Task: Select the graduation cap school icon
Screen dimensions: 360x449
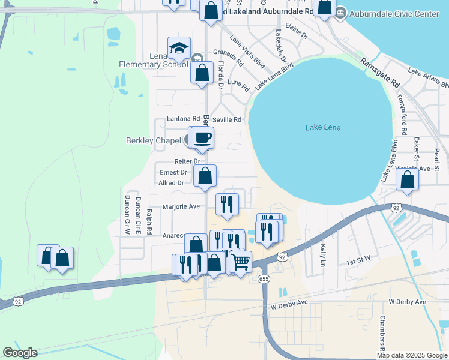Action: [x=179, y=48]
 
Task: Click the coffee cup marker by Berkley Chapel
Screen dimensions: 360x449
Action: [x=202, y=138]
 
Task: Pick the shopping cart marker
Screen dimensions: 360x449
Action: [x=240, y=261]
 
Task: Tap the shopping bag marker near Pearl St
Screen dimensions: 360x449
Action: [x=407, y=179]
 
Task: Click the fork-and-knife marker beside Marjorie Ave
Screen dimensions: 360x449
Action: [x=226, y=204]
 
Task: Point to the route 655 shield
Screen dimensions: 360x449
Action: [x=263, y=279]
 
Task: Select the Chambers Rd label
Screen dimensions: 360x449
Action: [x=382, y=333]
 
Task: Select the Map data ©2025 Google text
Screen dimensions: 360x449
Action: [x=412, y=355]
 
